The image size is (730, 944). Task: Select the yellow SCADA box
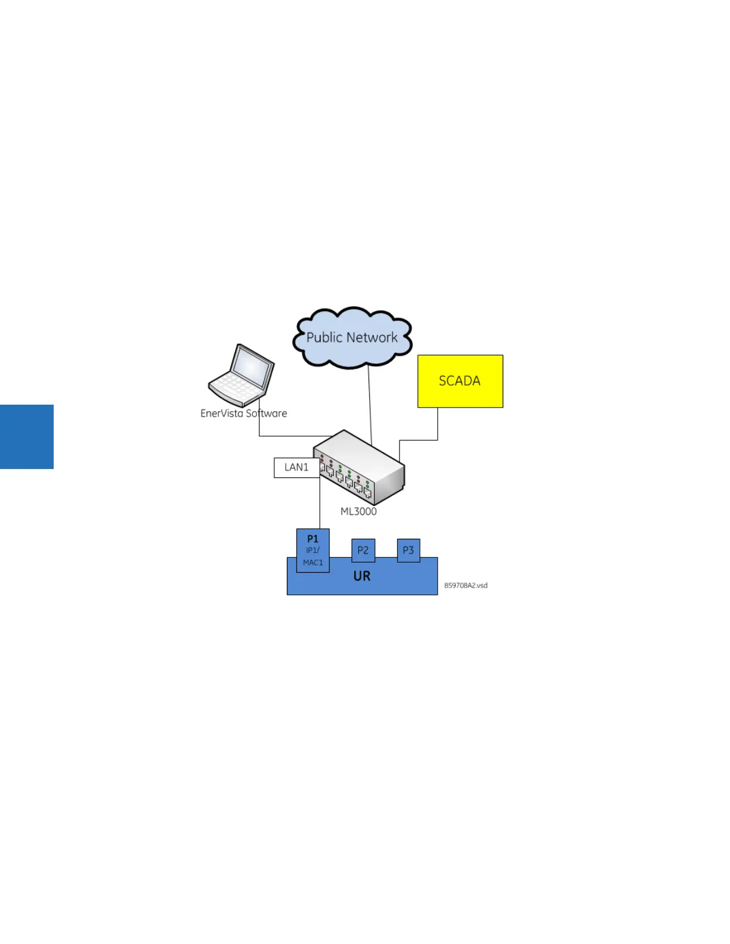[x=460, y=381]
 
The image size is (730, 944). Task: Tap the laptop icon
[x=242, y=375]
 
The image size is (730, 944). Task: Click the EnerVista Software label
[x=243, y=414]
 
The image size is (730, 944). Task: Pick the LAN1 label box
[x=296, y=468]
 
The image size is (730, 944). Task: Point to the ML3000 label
[x=358, y=511]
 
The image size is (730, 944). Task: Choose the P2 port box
[x=363, y=550]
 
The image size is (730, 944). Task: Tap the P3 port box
[x=408, y=550]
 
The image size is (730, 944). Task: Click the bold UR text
[x=362, y=576]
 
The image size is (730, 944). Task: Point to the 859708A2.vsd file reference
[x=466, y=586]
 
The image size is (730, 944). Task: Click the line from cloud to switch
[x=370, y=405]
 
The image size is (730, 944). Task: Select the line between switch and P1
[x=320, y=507]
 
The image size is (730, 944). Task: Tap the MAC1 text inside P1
[x=313, y=563]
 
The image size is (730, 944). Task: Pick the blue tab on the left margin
[x=27, y=437]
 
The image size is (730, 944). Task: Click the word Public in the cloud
[x=324, y=338]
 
